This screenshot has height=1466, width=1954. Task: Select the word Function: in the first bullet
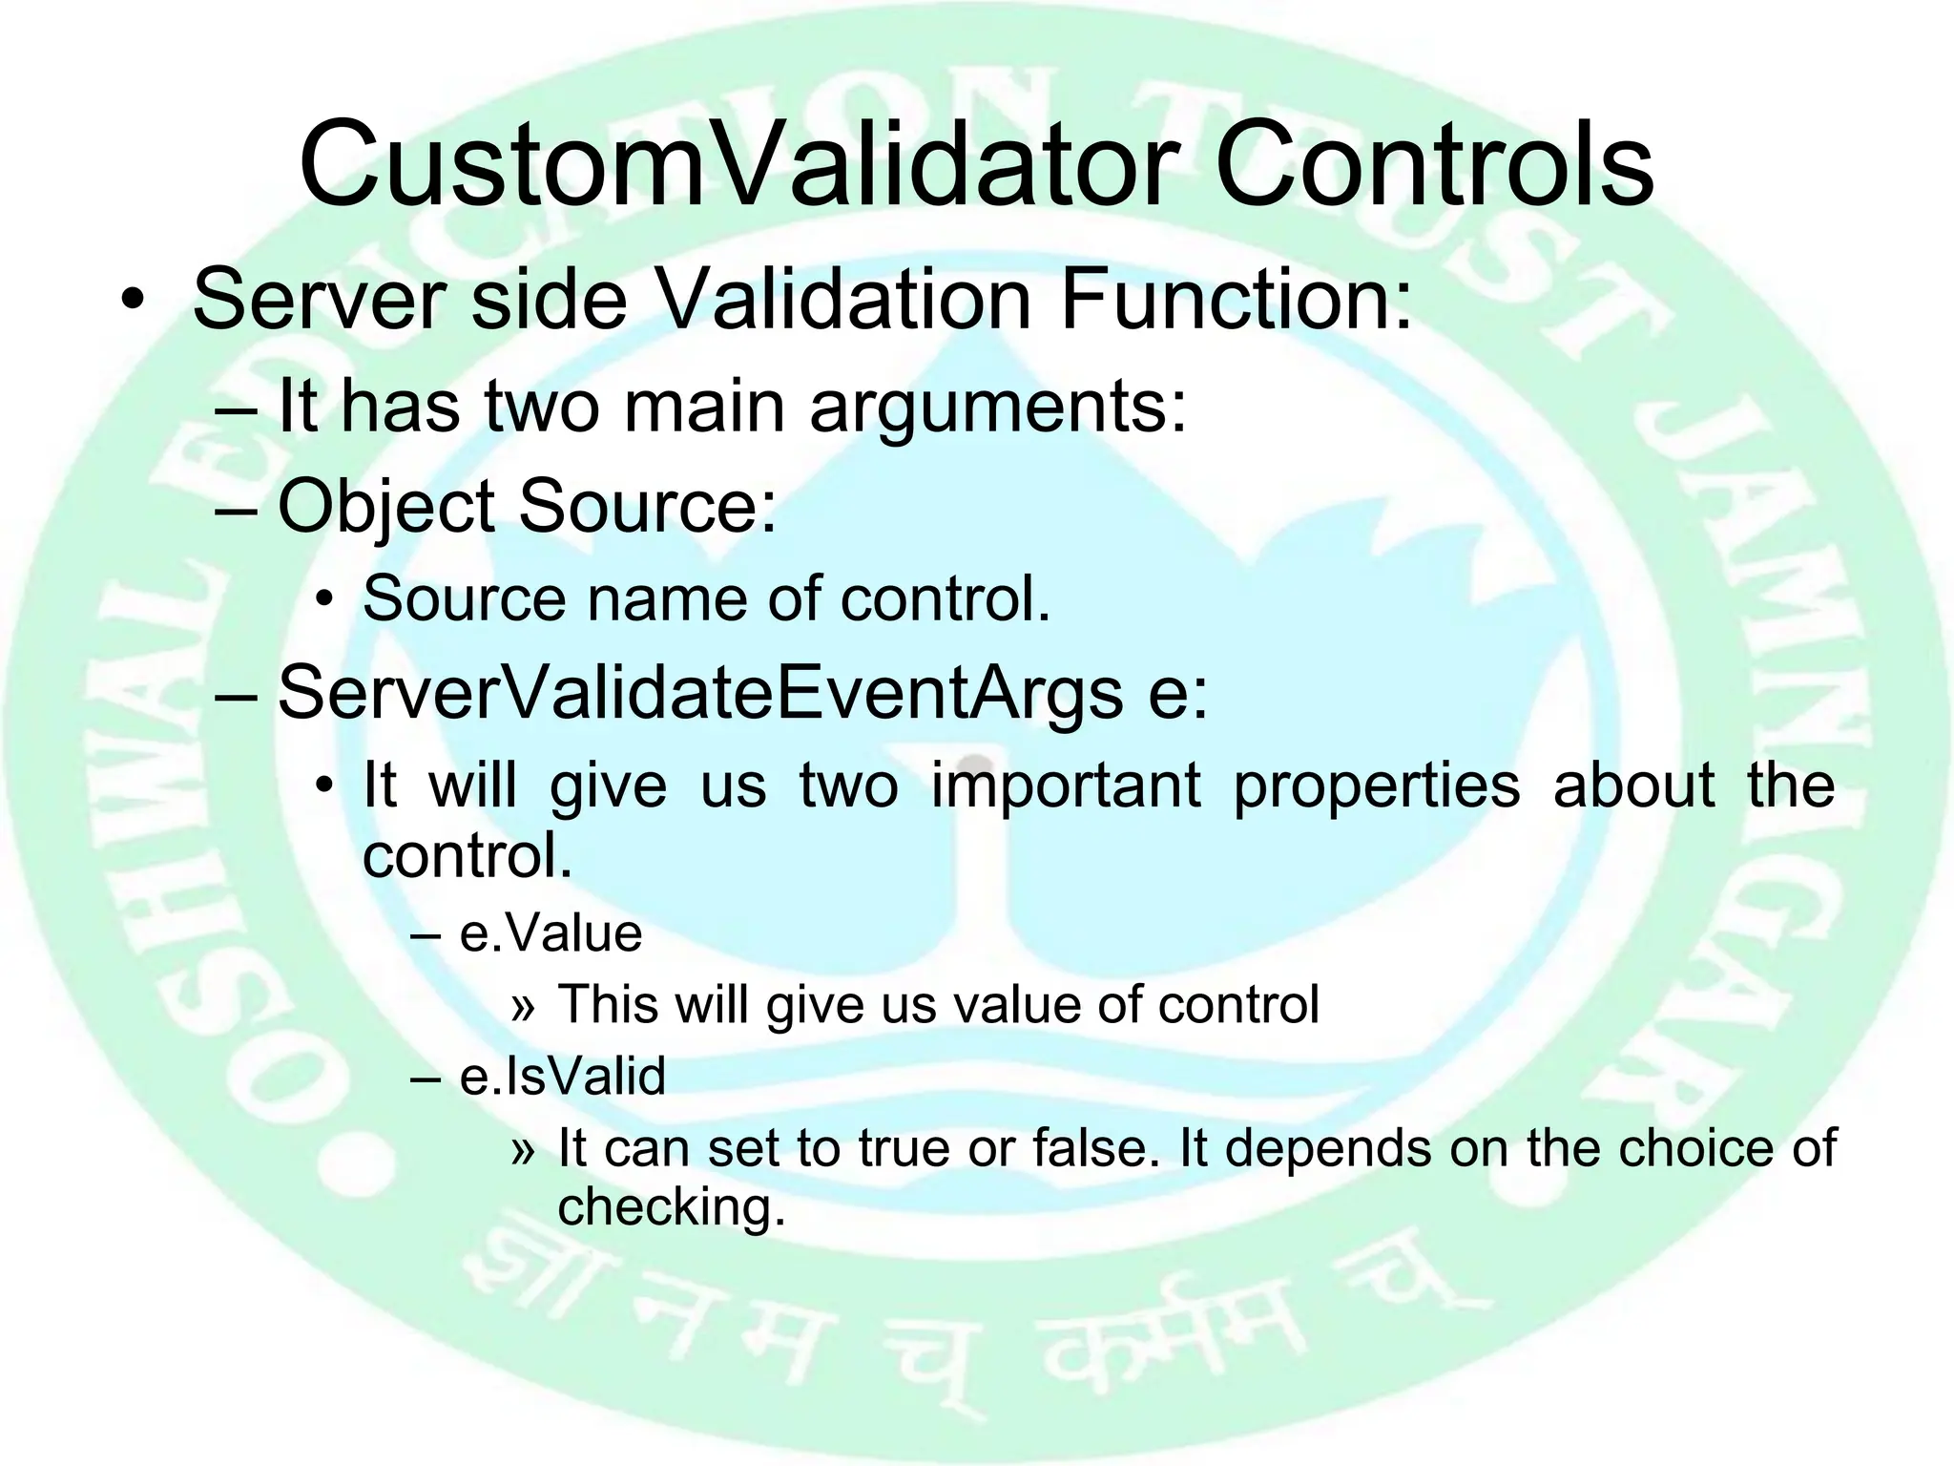click(1235, 300)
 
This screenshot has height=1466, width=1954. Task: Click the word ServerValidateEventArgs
click(699, 694)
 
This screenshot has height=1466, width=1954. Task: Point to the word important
click(1066, 785)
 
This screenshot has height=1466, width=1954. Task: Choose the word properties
click(1376, 785)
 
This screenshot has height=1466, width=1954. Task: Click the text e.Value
click(551, 933)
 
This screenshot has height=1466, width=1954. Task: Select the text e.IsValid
click(562, 1077)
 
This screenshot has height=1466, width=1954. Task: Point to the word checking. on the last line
click(670, 1207)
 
